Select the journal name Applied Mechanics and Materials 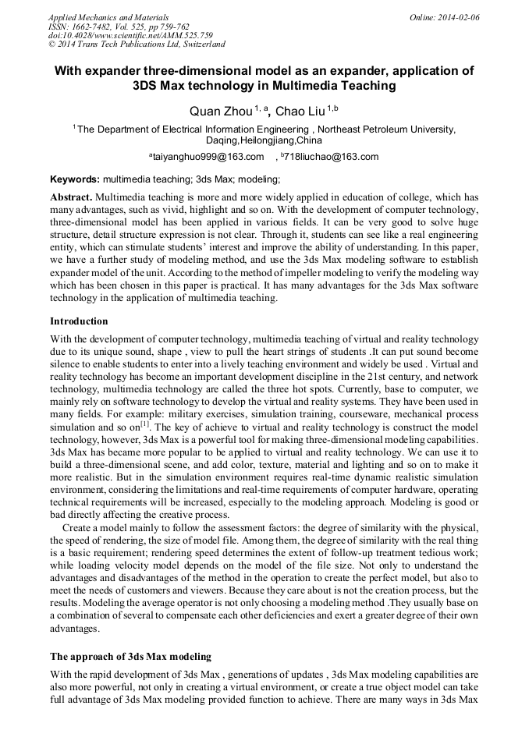[108, 17]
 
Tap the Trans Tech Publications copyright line [137, 44]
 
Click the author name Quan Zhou [221, 112]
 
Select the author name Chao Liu [300, 112]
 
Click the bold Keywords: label [75, 179]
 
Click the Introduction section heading [79, 321]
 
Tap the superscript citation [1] [145, 424]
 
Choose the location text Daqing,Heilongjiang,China [264, 141]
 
